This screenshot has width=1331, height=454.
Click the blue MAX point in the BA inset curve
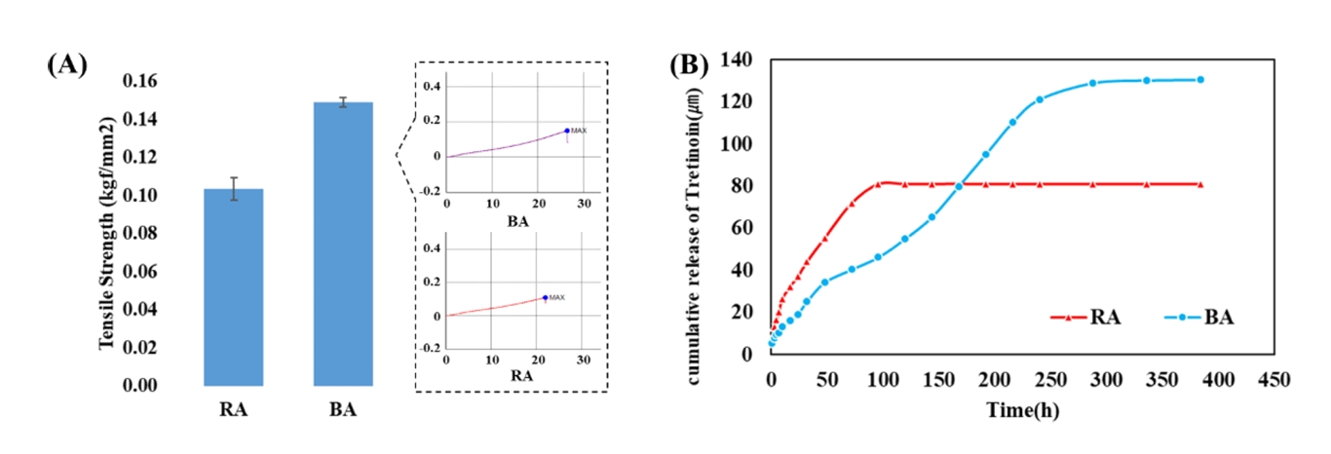click(566, 131)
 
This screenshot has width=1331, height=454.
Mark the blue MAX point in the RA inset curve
click(545, 297)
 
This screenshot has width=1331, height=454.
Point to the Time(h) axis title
click(1020, 410)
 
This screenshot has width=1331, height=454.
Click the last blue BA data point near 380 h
click(1200, 80)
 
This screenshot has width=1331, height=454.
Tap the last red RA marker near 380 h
click(1200, 184)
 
